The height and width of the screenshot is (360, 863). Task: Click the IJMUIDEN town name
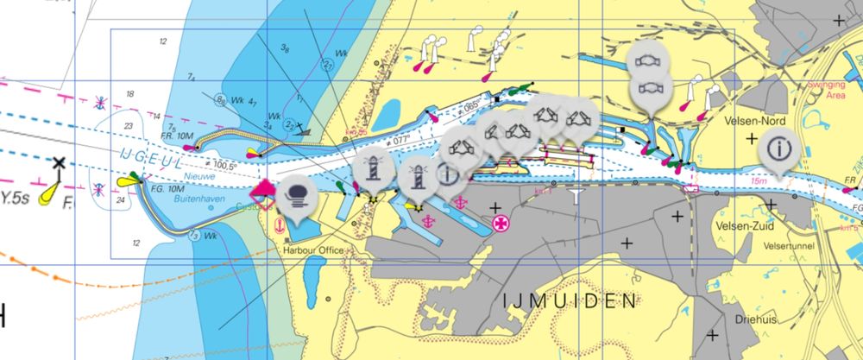pos(570,301)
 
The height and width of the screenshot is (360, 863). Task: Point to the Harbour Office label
pos(312,250)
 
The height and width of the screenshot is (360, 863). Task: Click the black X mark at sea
pos(59,162)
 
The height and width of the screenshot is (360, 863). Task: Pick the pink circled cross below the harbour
pos(499,223)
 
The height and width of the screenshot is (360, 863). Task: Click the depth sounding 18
pos(130,95)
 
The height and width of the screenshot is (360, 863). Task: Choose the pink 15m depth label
pos(758,182)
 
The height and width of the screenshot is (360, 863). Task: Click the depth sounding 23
pos(128,127)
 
